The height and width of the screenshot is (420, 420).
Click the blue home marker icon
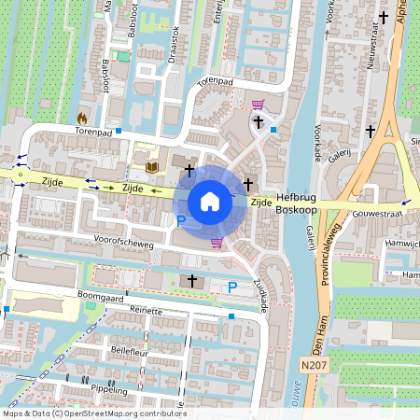click(x=210, y=202)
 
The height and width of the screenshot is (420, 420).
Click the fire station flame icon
click(x=82, y=119)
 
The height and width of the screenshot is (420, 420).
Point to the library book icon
click(x=151, y=167)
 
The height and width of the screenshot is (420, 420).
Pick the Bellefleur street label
click(x=132, y=351)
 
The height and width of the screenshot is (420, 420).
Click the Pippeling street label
click(x=110, y=385)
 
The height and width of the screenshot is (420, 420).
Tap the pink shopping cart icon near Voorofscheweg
click(x=217, y=244)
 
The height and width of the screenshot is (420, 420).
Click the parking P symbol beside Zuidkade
click(x=231, y=287)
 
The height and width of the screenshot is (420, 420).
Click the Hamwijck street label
click(x=402, y=243)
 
